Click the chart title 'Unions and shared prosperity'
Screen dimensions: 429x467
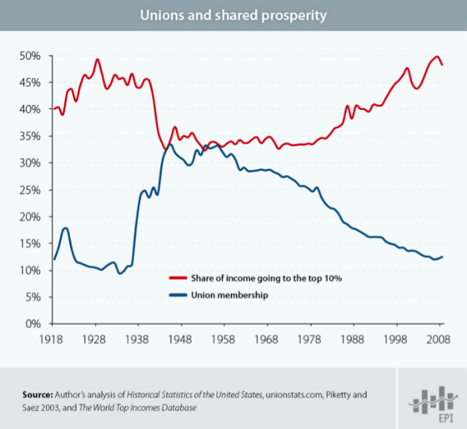[x=233, y=15]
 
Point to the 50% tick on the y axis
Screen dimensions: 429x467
[x=31, y=56]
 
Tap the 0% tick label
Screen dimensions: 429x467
[x=33, y=324]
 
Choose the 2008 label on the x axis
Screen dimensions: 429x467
[x=438, y=340]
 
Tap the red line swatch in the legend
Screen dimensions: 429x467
[x=177, y=277]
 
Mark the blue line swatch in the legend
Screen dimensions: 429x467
[x=177, y=295]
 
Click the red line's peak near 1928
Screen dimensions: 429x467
[x=98, y=59]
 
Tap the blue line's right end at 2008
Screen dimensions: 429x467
[x=442, y=257]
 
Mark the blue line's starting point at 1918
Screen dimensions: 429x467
[x=54, y=259]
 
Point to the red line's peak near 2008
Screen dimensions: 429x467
[x=437, y=57]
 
